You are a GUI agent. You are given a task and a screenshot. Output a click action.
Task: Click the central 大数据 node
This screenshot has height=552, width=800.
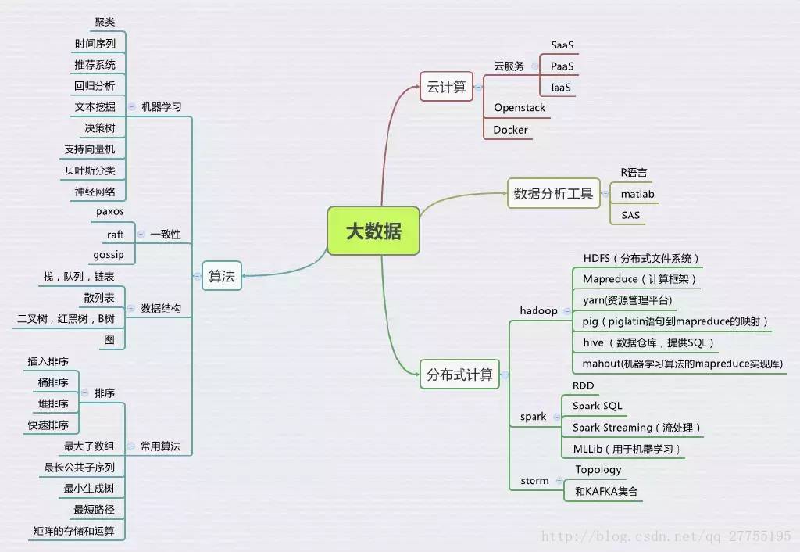[x=373, y=231]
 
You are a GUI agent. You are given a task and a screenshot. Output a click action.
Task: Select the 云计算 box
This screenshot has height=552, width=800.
[x=447, y=87]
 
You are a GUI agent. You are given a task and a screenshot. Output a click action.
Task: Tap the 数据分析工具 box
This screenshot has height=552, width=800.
[x=553, y=193]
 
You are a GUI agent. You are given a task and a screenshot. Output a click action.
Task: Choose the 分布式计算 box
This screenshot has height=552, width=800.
[x=459, y=375]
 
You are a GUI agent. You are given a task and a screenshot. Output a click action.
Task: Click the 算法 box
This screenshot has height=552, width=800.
[x=222, y=275]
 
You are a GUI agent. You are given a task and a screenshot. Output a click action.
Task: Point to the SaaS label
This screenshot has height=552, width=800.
[x=562, y=45]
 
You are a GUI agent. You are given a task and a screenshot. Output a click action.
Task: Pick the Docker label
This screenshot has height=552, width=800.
[x=510, y=130]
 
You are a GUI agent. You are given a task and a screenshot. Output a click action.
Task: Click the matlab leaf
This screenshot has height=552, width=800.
[x=637, y=193]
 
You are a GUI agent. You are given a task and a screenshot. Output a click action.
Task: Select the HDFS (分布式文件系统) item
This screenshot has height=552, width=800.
[x=641, y=258]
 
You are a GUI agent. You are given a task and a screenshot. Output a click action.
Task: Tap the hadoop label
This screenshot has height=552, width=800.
[x=538, y=310]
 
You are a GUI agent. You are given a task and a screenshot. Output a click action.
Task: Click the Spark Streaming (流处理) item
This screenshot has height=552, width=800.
[x=636, y=428]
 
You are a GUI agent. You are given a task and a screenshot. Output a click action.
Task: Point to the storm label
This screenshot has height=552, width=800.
[x=534, y=481]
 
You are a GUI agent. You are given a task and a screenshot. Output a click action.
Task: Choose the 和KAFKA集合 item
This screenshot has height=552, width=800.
[x=606, y=492]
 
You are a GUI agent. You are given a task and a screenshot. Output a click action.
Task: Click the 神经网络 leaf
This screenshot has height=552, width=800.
[x=95, y=191]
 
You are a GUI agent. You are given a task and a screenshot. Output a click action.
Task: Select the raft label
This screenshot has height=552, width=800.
[x=115, y=234]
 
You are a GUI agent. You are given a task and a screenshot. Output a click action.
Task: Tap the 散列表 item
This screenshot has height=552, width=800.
[x=99, y=297]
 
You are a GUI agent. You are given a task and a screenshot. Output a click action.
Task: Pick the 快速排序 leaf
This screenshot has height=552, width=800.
[x=48, y=425]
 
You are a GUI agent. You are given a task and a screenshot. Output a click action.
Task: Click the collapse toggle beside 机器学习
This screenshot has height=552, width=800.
[x=131, y=106]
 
